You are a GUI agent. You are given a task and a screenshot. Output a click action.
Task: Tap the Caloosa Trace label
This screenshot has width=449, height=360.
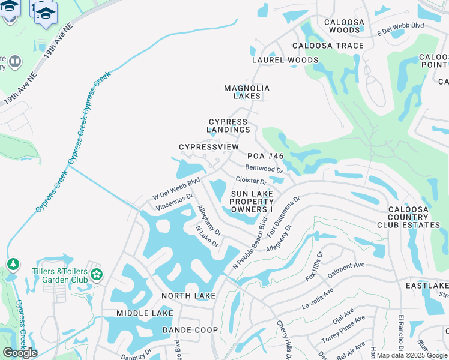click(328, 46)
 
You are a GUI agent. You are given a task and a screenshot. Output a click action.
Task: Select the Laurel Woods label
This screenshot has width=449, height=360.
click(285, 60)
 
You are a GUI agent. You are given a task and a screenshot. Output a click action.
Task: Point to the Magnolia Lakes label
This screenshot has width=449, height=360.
click(247, 92)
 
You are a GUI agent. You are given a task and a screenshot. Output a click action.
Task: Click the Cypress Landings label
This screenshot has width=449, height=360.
click(228, 125)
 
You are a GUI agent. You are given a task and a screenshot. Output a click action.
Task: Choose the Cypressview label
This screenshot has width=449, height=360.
click(209, 147)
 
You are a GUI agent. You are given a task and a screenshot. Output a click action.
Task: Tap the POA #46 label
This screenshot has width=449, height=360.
click(265, 156)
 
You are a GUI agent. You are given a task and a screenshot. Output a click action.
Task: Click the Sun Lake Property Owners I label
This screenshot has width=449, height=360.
click(252, 202)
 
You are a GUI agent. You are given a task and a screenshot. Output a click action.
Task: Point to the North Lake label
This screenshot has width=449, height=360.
click(188, 296)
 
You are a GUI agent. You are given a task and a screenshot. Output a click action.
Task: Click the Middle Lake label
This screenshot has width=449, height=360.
click(145, 313)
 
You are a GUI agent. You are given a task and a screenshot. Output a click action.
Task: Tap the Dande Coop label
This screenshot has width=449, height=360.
click(190, 330)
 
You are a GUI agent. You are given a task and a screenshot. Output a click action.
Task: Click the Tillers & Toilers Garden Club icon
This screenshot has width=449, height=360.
click(97, 275)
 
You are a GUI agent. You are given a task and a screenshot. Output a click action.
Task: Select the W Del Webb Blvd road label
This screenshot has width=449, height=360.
click(176, 188)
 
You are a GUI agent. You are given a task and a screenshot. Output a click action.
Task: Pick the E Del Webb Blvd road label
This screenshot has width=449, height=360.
click(400, 29)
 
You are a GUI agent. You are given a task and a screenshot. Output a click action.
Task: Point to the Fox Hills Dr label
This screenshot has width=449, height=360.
click(315, 266)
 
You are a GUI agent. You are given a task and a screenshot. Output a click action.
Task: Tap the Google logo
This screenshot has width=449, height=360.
click(20, 353)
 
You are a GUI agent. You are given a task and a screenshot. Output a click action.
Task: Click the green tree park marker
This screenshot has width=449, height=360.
click(13, 264)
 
